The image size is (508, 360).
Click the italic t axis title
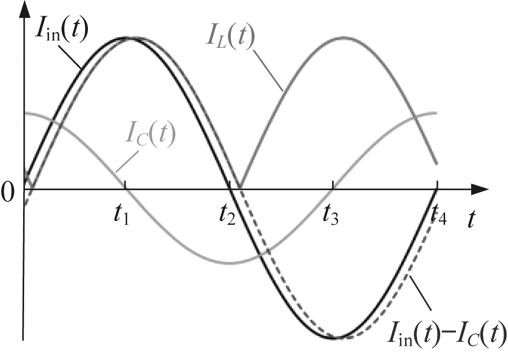point(472,219)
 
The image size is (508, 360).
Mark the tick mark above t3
point(333,185)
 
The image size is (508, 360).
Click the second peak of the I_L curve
point(344,38)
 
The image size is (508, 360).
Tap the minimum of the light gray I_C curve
point(230,263)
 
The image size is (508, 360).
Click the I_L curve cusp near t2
point(239,187)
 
